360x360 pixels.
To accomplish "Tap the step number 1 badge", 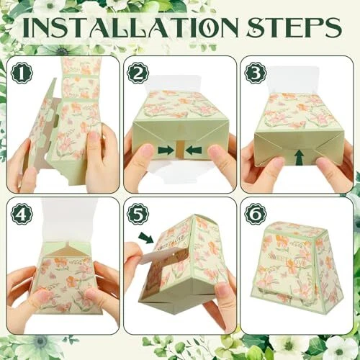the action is (22, 73).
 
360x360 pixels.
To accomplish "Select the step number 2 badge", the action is (138, 73).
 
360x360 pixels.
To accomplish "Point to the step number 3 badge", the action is (256, 73).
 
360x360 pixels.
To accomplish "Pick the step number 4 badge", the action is (22, 214).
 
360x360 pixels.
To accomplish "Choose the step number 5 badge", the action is (138, 214).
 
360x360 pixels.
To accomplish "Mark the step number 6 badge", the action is (256, 214).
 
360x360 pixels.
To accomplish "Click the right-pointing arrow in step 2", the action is (166, 150).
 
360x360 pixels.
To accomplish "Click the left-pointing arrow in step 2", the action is (194, 150).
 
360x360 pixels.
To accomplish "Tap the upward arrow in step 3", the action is (300, 157).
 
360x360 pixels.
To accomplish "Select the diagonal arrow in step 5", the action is (146, 237).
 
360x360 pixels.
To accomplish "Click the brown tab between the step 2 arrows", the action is (180, 150).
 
